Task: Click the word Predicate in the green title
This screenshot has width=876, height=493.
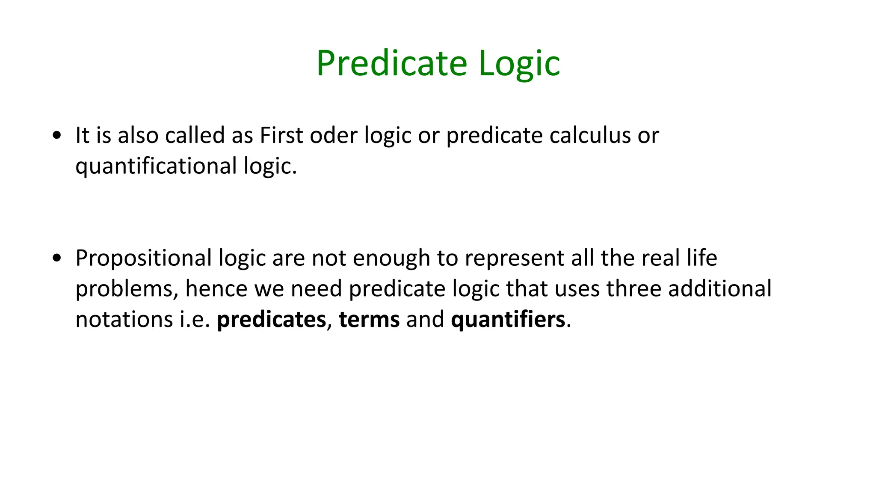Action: [x=391, y=63]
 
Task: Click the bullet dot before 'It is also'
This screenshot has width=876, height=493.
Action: [x=56, y=136]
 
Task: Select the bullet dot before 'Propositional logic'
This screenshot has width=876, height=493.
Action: [x=56, y=258]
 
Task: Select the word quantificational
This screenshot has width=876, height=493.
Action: [x=156, y=166]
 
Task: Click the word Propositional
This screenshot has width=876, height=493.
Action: [x=144, y=258]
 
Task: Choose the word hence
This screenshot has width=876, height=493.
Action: [x=216, y=288]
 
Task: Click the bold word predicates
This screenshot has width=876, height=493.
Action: [x=271, y=320]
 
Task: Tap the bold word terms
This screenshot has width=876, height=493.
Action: [x=369, y=320]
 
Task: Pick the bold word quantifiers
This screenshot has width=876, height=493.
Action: [x=508, y=320]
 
